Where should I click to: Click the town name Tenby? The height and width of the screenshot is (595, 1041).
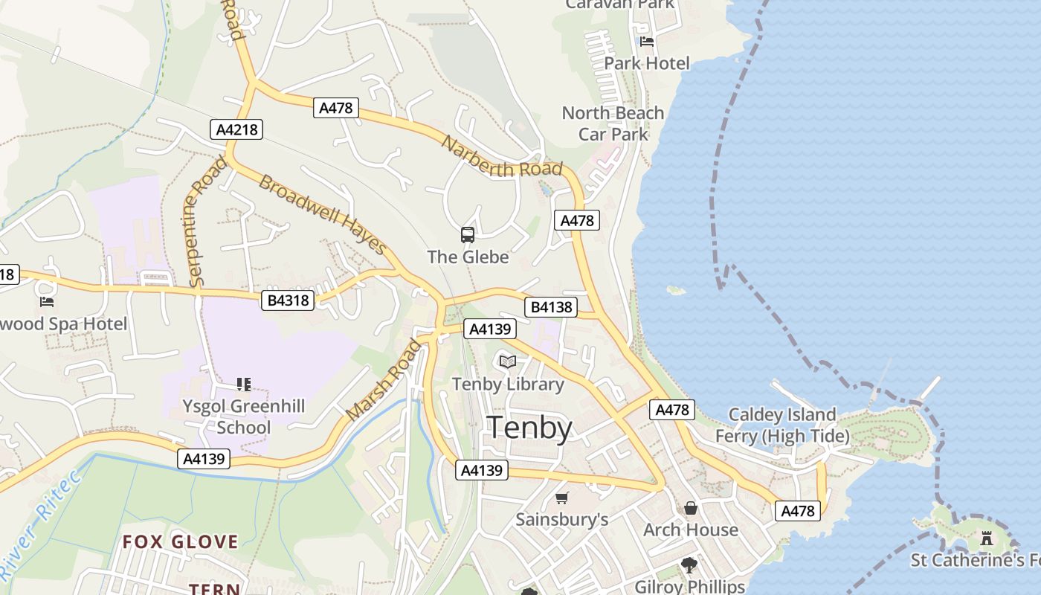click(529, 429)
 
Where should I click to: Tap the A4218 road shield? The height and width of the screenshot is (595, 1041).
click(236, 129)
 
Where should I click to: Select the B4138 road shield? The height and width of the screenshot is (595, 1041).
click(551, 307)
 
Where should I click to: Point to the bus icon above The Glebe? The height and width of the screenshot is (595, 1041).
click(468, 235)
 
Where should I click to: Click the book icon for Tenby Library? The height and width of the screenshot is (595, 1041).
click(508, 362)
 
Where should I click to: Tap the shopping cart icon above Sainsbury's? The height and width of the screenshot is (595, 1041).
click(562, 498)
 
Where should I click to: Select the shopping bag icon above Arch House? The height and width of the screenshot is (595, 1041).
click(691, 508)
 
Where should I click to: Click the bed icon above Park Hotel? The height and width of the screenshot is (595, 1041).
click(647, 41)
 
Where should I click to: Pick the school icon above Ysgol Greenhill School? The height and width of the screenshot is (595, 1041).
click(243, 385)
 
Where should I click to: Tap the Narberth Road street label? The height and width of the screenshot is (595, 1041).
click(502, 157)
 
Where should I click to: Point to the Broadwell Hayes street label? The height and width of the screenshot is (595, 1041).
click(323, 214)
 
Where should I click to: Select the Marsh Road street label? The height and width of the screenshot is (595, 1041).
click(384, 379)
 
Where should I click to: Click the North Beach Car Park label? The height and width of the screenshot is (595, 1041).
click(613, 123)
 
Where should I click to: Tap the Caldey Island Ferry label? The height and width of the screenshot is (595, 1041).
click(782, 425)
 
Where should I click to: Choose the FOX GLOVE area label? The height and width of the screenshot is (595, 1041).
click(181, 541)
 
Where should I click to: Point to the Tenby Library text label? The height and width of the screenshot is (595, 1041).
click(509, 385)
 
